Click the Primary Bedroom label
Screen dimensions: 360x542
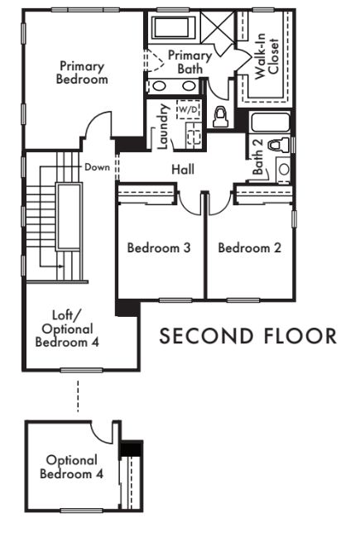[x=82, y=73]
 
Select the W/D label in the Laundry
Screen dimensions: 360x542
[x=189, y=110]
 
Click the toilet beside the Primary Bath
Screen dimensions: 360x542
[x=220, y=117]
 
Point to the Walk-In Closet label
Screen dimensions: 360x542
[x=266, y=56]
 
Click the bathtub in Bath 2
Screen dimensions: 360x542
[x=271, y=122]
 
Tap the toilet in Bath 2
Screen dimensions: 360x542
[x=279, y=145]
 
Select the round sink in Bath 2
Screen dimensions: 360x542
[x=284, y=169]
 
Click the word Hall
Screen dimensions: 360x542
[x=183, y=170]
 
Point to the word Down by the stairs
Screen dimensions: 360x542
[x=97, y=167]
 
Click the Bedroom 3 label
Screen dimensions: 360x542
[x=159, y=247]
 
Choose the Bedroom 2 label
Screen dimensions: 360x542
[x=249, y=247]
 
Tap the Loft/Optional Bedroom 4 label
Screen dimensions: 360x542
[x=67, y=329]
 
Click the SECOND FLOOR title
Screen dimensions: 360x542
[x=248, y=336]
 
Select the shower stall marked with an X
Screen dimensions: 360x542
[x=218, y=26]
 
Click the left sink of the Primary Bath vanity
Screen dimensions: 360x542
[x=159, y=86]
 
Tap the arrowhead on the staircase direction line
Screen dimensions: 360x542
[x=61, y=266]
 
